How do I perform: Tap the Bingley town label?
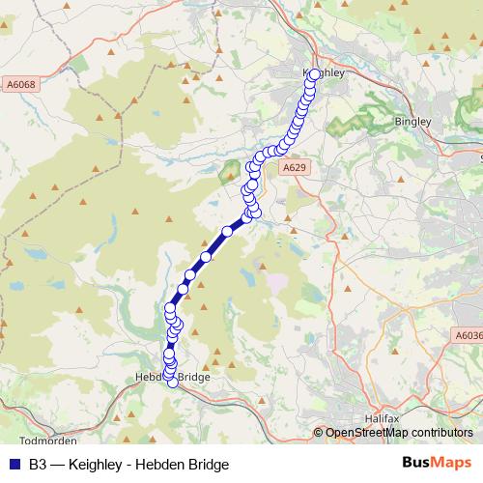[x=413, y=122]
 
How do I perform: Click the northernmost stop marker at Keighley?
[x=314, y=73]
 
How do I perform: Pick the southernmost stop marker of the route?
[x=174, y=383]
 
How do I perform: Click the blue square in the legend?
[x=14, y=464]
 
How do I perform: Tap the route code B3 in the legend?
[x=38, y=464]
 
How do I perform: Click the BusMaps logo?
[x=437, y=463]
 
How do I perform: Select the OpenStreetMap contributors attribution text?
[x=398, y=433]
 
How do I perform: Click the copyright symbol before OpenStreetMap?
[x=319, y=433]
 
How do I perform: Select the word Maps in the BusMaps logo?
[x=450, y=463]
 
